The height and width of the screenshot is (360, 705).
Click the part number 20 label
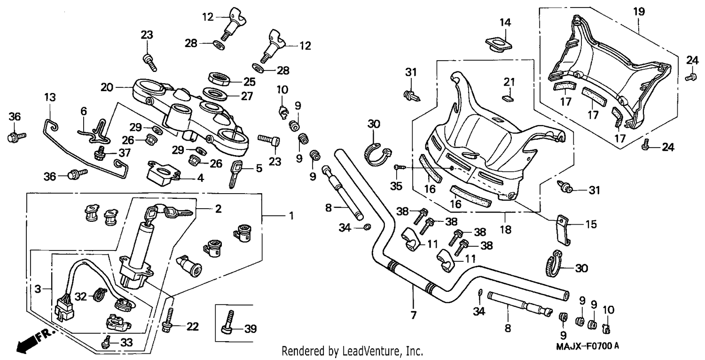(x=107, y=87)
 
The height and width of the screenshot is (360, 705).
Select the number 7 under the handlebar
(x=413, y=314)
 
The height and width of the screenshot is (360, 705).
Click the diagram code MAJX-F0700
(x=584, y=346)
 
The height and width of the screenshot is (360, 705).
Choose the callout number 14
(x=505, y=23)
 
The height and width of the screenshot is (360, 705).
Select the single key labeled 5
(x=236, y=174)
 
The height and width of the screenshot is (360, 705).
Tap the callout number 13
(x=50, y=97)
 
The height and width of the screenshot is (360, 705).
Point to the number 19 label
(x=639, y=12)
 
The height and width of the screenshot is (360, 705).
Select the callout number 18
(x=505, y=229)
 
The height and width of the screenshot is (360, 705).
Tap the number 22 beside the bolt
(x=192, y=326)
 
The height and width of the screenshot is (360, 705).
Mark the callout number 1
(x=291, y=216)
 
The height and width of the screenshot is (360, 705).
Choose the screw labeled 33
(x=106, y=342)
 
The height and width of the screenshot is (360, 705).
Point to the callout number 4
(x=201, y=178)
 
